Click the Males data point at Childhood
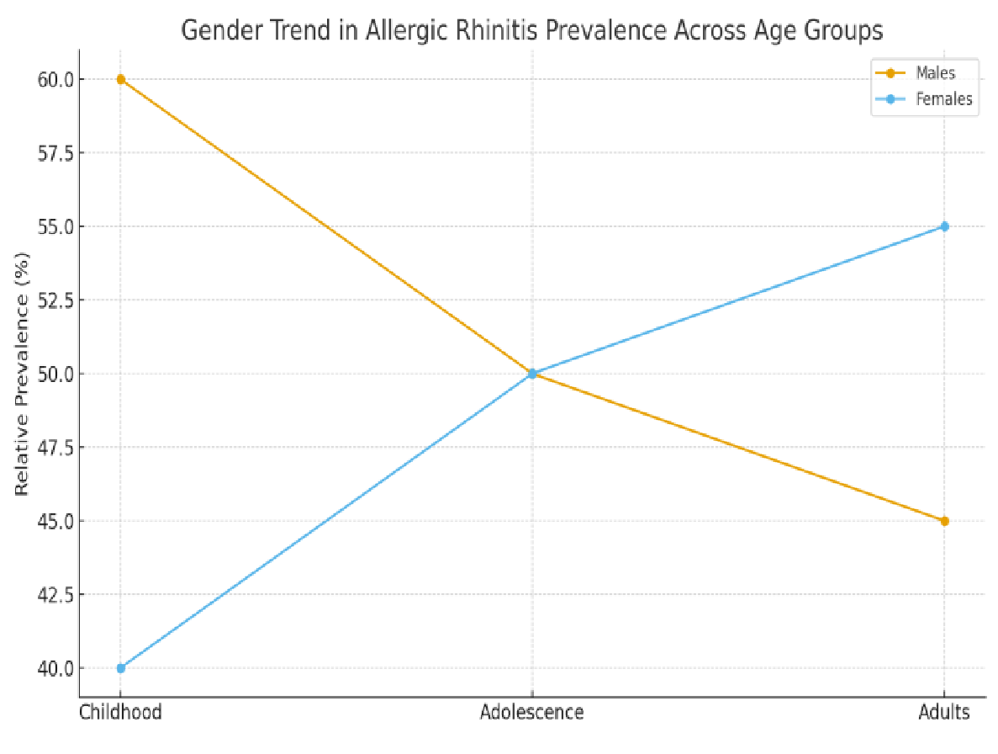click(121, 79)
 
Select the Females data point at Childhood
click(121, 668)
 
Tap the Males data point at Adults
click(944, 521)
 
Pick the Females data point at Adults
click(944, 226)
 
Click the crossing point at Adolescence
click(532, 374)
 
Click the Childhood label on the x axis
click(120, 713)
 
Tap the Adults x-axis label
click(944, 713)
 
